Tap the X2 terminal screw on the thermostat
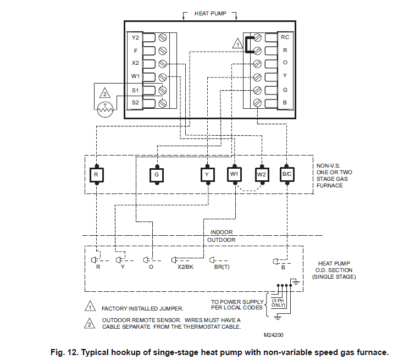point(162,64)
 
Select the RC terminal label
point(285,37)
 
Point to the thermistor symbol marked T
point(104,109)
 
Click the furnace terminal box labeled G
point(157,174)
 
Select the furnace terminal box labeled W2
point(261,174)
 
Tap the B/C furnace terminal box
point(287,174)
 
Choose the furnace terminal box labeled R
point(96,174)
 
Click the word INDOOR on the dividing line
point(222,232)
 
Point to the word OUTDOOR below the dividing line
point(222,240)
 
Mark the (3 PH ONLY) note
point(277,303)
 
